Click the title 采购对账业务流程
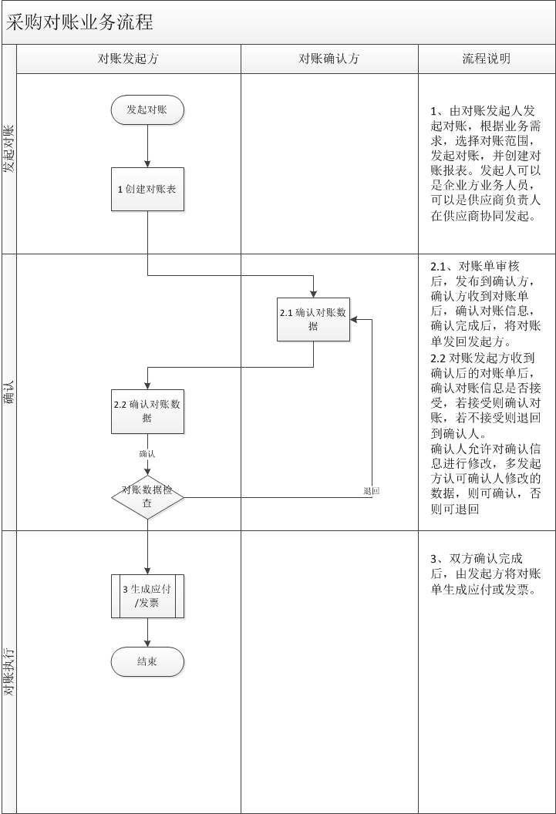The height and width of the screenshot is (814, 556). point(79,22)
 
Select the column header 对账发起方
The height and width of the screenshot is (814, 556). point(128,59)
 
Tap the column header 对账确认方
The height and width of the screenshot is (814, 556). point(329,59)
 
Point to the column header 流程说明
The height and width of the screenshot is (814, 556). point(486,59)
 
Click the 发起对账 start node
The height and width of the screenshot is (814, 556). point(147,110)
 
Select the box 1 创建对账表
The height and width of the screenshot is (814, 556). point(147,189)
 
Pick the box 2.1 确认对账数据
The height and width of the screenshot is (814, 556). point(313,319)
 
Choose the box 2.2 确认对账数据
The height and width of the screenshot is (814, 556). point(147,411)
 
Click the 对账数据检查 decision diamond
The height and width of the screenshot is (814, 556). point(147,497)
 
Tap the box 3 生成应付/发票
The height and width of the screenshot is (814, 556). point(147,596)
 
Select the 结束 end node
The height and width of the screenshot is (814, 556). point(147,661)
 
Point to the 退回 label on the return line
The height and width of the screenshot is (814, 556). point(371,491)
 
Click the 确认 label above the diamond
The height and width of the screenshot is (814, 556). point(147,454)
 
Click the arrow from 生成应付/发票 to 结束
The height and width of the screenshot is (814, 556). point(147,632)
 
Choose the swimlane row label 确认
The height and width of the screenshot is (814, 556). point(9,392)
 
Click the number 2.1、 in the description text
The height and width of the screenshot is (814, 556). point(442,267)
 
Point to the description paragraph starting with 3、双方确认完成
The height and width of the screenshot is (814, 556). point(486,574)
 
